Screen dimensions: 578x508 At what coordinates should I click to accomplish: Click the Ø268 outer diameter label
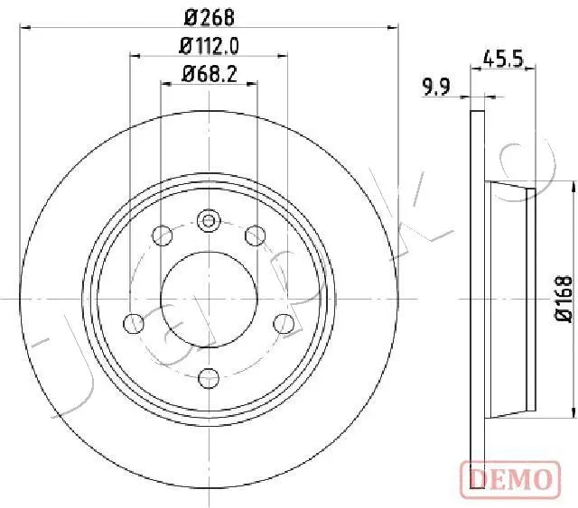(209, 17)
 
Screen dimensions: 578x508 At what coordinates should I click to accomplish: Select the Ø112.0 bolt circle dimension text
(209, 46)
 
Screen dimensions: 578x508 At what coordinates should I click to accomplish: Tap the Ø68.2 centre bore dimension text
(209, 74)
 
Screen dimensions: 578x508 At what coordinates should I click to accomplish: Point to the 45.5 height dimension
(503, 59)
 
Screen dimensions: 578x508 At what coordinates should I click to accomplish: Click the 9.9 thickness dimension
(436, 88)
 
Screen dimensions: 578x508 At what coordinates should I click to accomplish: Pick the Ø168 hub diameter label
(564, 300)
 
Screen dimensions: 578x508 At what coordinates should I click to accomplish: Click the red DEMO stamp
(510, 479)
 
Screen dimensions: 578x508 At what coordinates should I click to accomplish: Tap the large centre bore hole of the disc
(209, 300)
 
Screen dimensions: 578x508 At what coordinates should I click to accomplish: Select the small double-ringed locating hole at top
(209, 221)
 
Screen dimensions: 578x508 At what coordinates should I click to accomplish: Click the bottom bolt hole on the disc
(209, 378)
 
